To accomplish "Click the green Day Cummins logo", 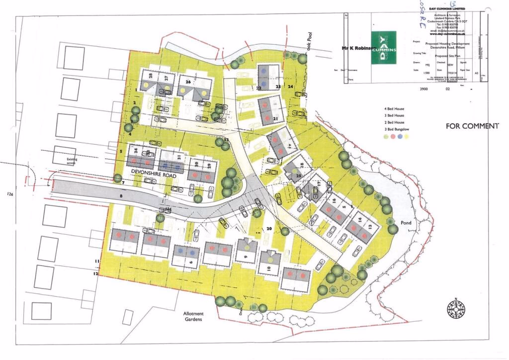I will pos(385,48).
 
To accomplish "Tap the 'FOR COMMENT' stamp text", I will pos(471,126).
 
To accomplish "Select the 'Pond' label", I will pos(406,223).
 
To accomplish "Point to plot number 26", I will pos(188,82).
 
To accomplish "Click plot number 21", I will pos(275,118).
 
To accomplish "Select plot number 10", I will pos(268,269).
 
